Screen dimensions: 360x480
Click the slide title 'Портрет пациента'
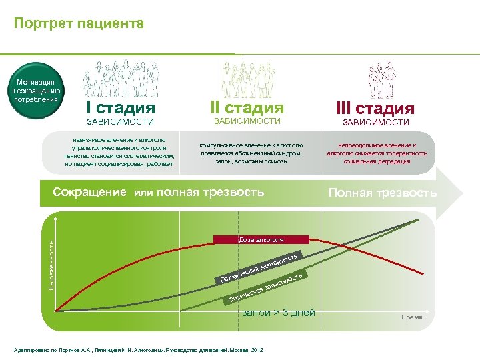(x=79, y=24)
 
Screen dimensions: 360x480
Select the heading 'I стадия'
(x=121, y=108)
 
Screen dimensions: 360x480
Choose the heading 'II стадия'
(x=247, y=107)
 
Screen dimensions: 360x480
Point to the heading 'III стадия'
(x=376, y=108)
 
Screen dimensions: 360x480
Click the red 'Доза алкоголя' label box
(x=261, y=239)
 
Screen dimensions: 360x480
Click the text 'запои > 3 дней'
(x=279, y=313)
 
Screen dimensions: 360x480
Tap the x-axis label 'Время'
(x=411, y=317)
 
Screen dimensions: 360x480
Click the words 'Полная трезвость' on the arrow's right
(x=383, y=193)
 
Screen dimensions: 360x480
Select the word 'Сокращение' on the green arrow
(x=89, y=193)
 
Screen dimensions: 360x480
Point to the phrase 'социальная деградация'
(x=377, y=161)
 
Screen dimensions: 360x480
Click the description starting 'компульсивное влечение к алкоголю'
(x=251, y=153)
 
